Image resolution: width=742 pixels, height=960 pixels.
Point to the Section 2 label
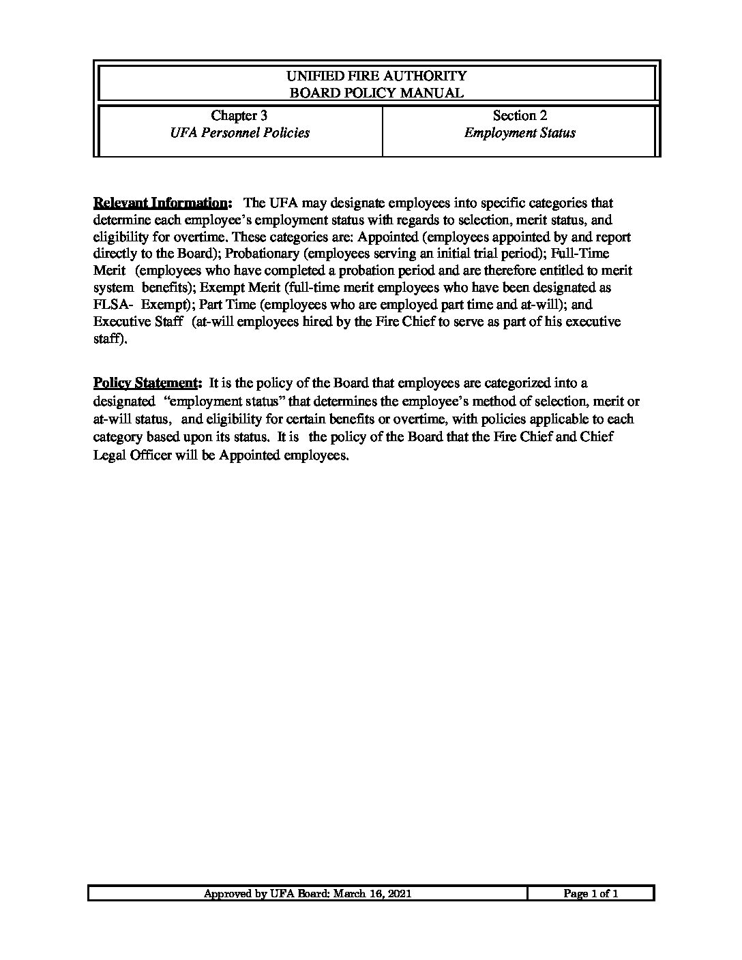tap(520, 116)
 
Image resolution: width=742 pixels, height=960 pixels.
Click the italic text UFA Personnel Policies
tap(239, 133)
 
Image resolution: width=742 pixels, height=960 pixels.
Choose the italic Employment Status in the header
tap(520, 133)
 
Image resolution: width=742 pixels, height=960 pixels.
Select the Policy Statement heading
tap(147, 383)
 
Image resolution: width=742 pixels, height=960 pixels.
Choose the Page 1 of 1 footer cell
tap(591, 894)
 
